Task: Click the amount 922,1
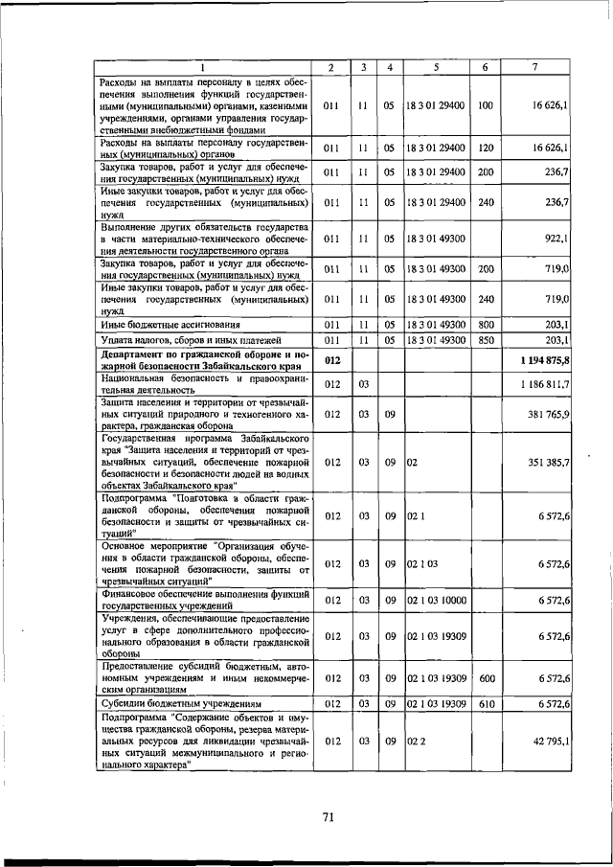pos(556,238)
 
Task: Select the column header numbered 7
pos(534,67)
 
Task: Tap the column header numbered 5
pos(435,67)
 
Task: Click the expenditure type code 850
pos(485,340)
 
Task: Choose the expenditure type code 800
pos(485,325)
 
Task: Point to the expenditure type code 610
pos(485,704)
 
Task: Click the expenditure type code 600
pos(485,678)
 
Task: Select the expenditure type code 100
pos(485,105)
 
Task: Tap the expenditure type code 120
pos(485,148)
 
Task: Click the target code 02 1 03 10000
pos(435,601)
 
